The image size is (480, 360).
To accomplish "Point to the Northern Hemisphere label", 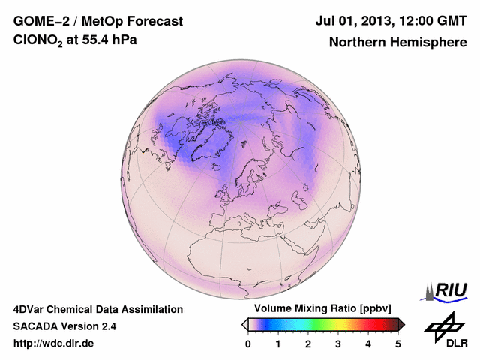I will pos(397,42).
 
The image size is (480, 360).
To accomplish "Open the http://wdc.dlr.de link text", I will pos(54,343).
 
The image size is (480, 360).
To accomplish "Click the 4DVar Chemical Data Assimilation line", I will pos(97,309).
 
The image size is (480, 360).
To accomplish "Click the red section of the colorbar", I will pos(367,324).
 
